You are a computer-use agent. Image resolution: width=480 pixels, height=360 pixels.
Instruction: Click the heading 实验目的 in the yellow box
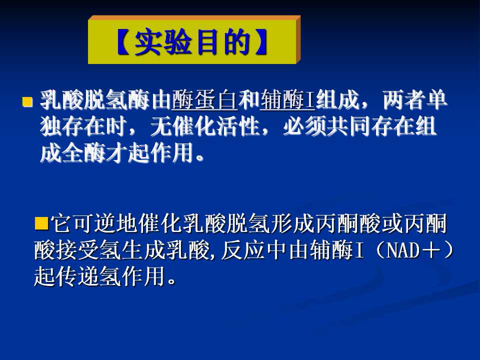191,42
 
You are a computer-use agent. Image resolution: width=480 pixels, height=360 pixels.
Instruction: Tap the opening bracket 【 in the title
124,42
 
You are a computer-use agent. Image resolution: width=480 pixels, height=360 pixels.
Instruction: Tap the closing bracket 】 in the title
260,42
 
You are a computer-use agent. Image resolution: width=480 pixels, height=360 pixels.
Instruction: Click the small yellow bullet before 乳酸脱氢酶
27,101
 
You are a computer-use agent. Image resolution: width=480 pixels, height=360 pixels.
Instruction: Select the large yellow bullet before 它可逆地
41,223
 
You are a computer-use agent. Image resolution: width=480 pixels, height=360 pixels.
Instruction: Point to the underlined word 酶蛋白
204,100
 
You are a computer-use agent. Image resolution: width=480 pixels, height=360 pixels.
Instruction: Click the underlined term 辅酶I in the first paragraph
287,100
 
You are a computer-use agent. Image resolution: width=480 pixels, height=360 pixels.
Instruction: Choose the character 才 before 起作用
116,152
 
